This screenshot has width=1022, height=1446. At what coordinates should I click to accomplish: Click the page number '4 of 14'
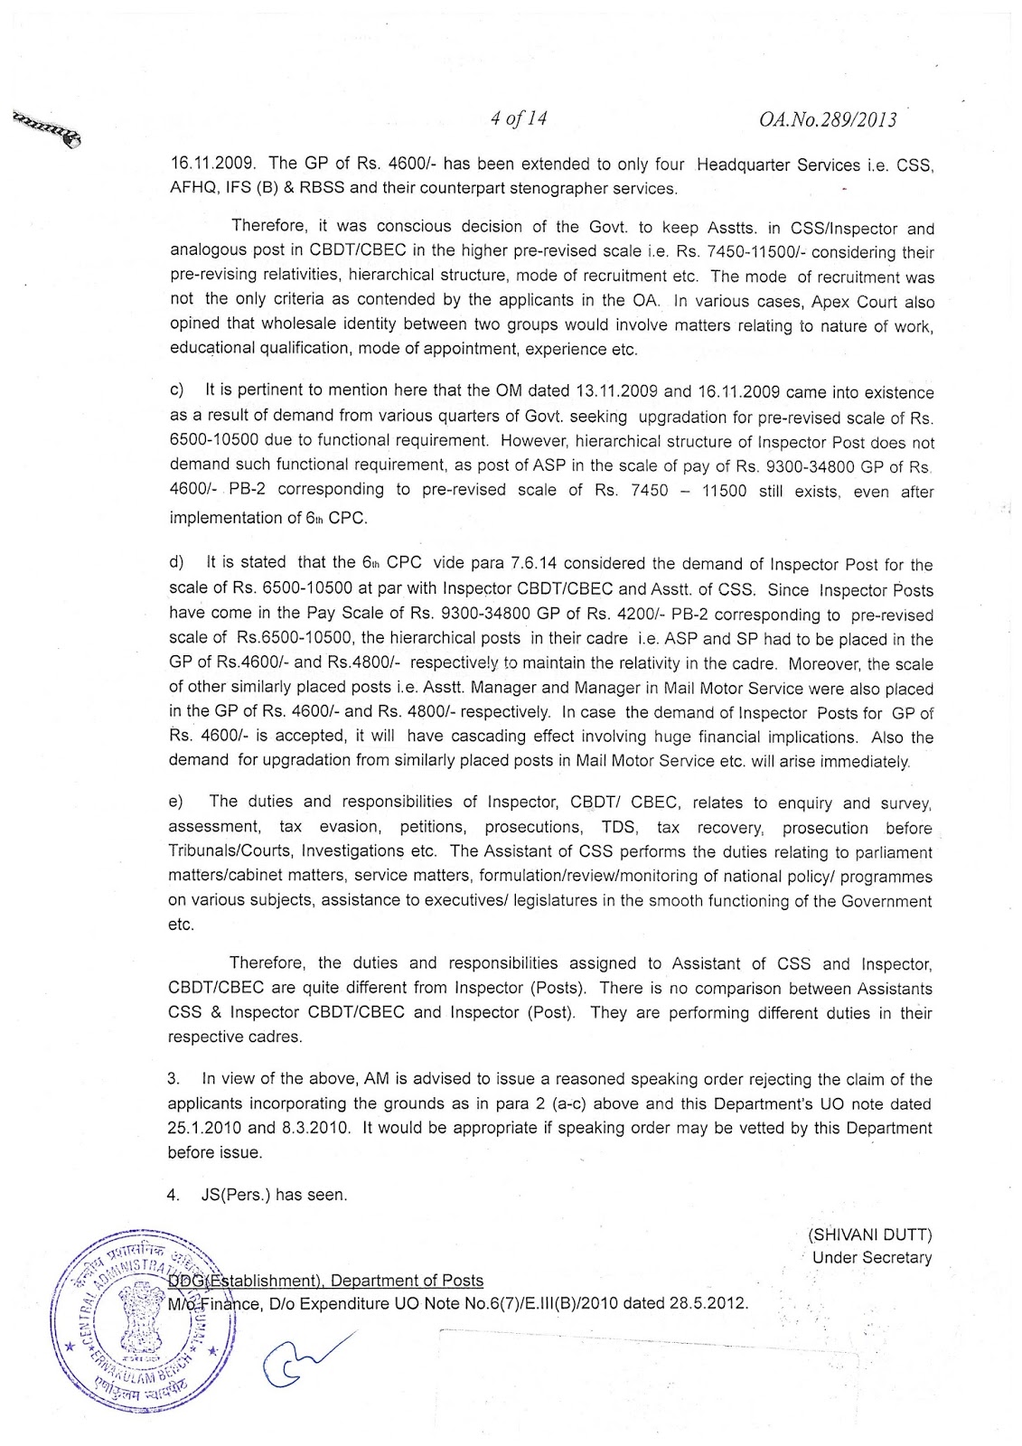[x=519, y=118]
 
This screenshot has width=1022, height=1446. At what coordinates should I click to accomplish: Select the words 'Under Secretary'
[x=871, y=1257]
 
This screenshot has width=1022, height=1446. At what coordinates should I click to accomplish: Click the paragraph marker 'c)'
[x=176, y=391]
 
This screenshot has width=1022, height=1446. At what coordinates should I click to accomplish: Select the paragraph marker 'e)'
[x=176, y=802]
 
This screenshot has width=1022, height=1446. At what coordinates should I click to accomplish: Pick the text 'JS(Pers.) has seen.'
[x=274, y=1195]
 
